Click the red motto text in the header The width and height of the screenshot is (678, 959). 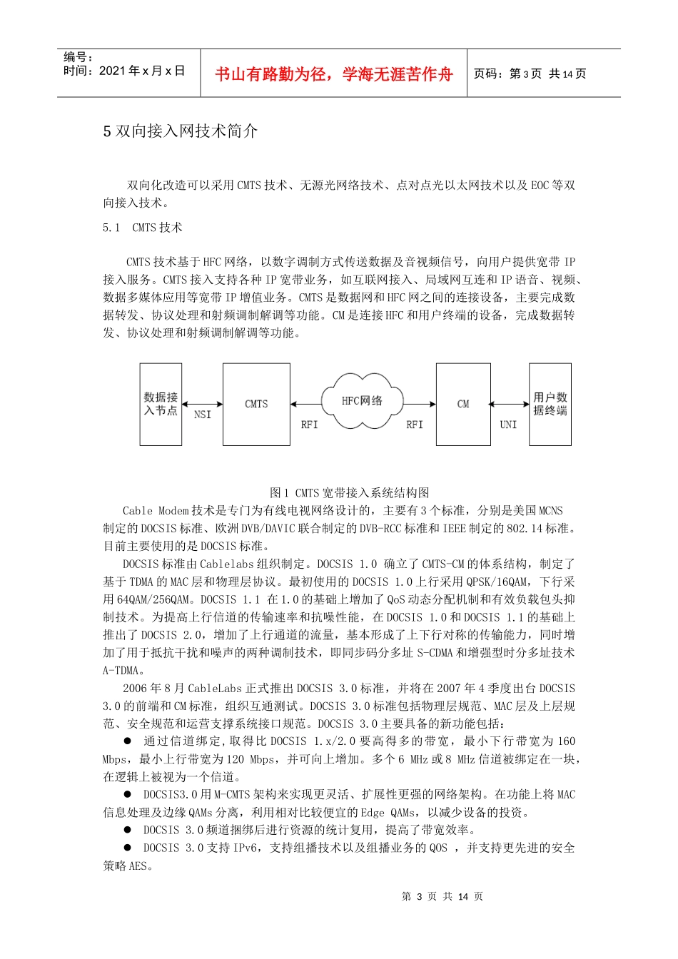point(333,74)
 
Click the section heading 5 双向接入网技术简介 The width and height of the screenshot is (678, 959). point(180,131)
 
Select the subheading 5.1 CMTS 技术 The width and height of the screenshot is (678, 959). point(143,228)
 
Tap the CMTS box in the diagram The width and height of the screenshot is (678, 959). point(256,404)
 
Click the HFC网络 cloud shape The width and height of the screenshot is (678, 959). point(362,401)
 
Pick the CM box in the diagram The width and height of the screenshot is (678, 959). point(463,404)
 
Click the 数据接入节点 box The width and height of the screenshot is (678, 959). point(161,404)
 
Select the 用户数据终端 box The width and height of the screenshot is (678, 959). point(550,404)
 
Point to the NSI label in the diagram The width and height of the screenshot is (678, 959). point(203,415)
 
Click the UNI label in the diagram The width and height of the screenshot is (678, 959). point(508,425)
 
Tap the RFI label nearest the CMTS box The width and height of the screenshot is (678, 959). point(309,425)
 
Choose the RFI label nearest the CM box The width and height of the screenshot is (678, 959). point(415,425)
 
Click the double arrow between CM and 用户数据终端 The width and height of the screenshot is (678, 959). point(510,405)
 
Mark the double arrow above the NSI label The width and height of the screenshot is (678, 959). point(202,405)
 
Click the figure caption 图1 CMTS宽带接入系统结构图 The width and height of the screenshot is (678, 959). point(349,492)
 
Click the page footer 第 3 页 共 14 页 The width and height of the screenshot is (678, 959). point(442,896)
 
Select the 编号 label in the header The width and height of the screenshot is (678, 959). point(78,57)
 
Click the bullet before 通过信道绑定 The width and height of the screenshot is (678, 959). point(128,741)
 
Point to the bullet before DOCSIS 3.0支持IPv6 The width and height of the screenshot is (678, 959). point(128,848)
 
